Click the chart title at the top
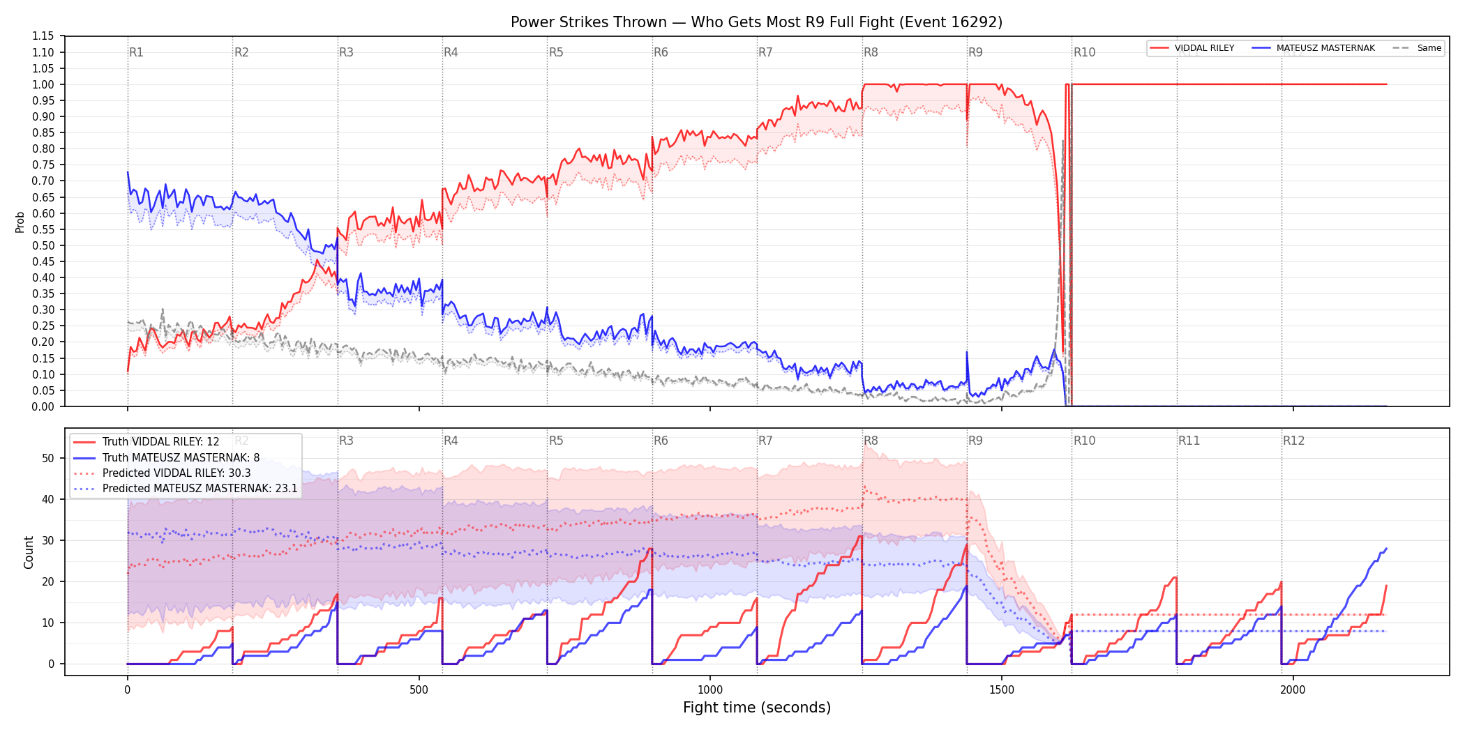pos(756,22)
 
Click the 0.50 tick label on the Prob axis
pos(43,245)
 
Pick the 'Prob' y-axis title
pos(20,222)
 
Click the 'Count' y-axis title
pos(29,552)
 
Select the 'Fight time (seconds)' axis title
pos(757,708)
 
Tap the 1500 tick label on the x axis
pos(1002,689)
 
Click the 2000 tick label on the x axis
pos(1293,689)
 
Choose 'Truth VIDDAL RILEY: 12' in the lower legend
pos(160,442)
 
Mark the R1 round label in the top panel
pos(136,52)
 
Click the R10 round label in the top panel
pos(1084,52)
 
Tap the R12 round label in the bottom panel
pos(1293,441)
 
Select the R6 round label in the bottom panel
pos(661,441)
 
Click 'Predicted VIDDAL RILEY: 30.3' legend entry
pos(176,473)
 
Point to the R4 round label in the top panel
pos(451,52)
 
